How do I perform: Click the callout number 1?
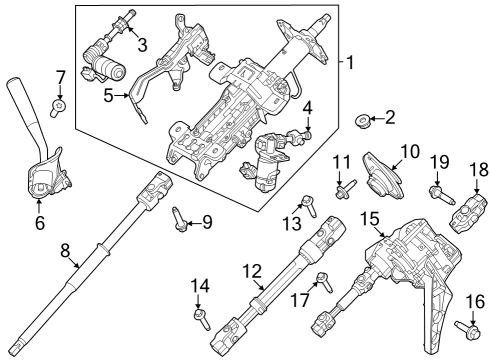click(x=349, y=63)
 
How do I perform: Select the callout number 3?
click(x=142, y=44)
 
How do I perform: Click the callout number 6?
click(x=40, y=223)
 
